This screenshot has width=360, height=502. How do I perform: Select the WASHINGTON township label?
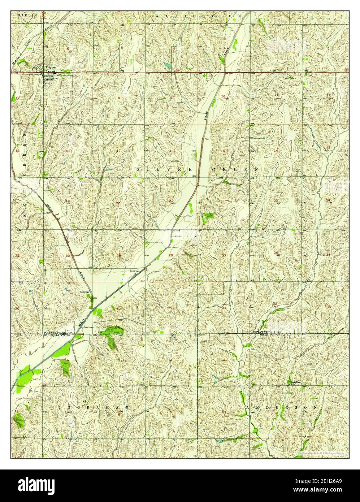[198, 16]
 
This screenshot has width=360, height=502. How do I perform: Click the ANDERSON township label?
[284, 407]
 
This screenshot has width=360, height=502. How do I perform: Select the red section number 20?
[118, 203]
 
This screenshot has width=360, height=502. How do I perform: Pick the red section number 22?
[224, 203]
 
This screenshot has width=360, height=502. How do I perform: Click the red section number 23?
[276, 200]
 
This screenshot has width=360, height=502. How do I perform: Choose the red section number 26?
[276, 252]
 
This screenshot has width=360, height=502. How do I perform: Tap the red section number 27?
[224, 255]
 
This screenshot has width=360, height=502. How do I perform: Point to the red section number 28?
[170, 255]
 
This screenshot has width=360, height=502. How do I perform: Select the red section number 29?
[119, 255]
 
